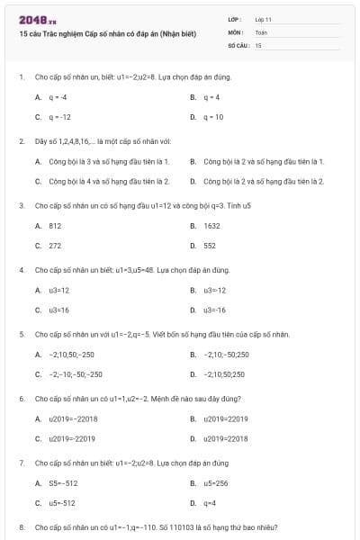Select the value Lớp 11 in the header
[263, 18]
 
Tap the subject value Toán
[261, 31]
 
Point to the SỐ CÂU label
[238, 44]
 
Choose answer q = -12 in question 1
[59, 117]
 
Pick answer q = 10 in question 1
[213, 117]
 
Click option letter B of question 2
[193, 162]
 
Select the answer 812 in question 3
[55, 226]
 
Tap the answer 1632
[211, 226]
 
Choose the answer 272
[55, 245]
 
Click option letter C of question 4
[38, 310]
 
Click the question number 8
[21, 526]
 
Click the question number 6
[21, 398]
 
